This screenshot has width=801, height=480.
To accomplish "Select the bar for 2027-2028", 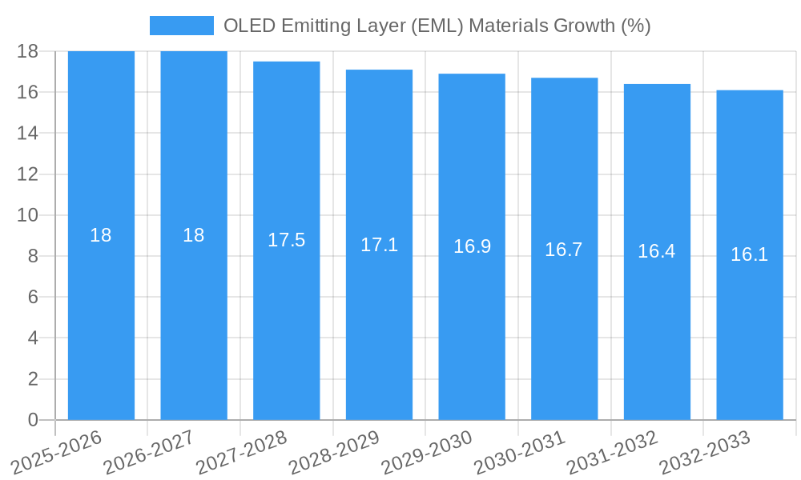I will [286, 320].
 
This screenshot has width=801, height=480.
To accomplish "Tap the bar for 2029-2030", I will [472, 320].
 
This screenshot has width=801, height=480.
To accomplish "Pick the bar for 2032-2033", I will [750, 320].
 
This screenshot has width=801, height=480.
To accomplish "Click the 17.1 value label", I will [379, 245].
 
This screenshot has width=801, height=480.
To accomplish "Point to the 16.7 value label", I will [564, 250].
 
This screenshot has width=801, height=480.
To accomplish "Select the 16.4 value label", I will [657, 251].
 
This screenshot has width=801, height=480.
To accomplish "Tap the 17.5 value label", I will [286, 240].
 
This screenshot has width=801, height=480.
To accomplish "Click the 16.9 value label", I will [472, 246].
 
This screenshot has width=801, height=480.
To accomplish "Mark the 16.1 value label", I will [750, 254].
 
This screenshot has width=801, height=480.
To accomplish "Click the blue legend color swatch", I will [182, 26].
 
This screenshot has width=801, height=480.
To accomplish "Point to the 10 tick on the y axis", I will [28, 215].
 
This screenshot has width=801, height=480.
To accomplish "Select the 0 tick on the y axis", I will [33, 420].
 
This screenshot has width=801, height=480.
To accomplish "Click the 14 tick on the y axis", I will [28, 133].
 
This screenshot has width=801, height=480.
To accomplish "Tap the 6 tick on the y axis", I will [33, 297].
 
